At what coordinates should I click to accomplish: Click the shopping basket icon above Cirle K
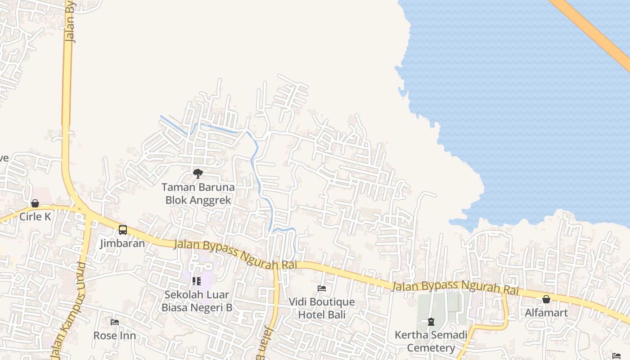click(35, 203)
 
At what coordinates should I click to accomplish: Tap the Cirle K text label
click(35, 216)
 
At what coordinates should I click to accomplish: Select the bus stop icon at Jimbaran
click(122, 230)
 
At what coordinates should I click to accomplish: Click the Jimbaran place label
click(122, 243)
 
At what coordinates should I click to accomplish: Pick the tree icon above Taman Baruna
click(198, 173)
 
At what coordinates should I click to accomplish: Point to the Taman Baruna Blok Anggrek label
click(198, 193)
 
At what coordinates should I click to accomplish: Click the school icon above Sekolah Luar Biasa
click(196, 281)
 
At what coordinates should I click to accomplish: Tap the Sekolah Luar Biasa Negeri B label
click(197, 301)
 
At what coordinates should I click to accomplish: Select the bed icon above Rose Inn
click(114, 322)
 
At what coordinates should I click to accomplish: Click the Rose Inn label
click(114, 335)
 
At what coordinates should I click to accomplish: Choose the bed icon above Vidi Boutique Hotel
click(321, 288)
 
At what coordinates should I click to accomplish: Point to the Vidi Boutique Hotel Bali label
click(321, 308)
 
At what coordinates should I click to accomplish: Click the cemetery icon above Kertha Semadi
click(431, 322)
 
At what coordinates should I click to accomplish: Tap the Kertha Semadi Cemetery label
click(431, 341)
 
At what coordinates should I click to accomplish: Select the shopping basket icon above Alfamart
click(546, 299)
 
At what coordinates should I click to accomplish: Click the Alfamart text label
click(546, 312)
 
